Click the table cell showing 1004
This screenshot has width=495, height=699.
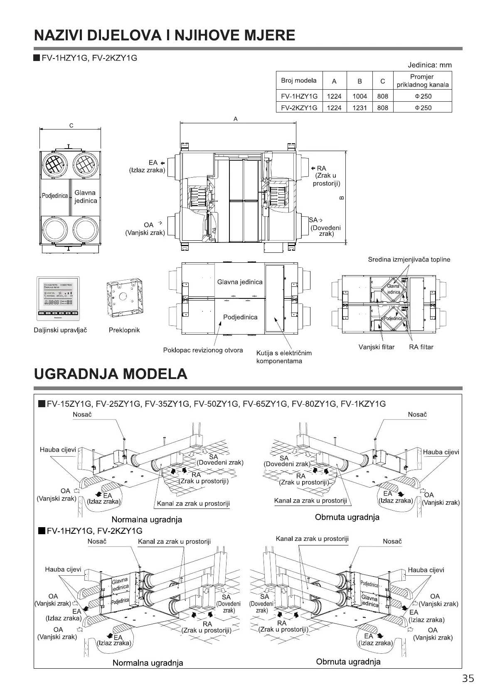pyautogui.click(x=360, y=96)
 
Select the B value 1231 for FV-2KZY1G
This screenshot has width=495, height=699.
pyautogui.click(x=360, y=108)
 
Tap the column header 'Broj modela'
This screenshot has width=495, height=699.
pyautogui.click(x=298, y=81)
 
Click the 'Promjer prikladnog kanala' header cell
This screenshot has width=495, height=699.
pyautogui.click(x=422, y=81)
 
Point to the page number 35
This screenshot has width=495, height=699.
pyautogui.click(x=468, y=678)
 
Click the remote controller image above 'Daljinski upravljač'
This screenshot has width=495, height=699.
pyautogui.click(x=58, y=298)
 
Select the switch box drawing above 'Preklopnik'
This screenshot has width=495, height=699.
pyautogui.click(x=124, y=298)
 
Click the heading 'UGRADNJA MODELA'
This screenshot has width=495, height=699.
pyautogui.click(x=110, y=374)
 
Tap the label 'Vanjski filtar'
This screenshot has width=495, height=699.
pyautogui.click(x=376, y=347)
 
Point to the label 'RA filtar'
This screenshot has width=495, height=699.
pyautogui.click(x=421, y=347)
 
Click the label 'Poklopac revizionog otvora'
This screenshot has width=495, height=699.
pyautogui.click(x=203, y=350)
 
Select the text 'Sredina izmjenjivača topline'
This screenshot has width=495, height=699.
pyautogui.click(x=409, y=259)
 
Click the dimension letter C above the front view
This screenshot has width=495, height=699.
pyautogui.click(x=71, y=125)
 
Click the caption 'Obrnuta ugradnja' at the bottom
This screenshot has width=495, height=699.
pyautogui.click(x=348, y=662)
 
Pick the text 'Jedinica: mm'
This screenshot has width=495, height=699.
pyautogui.click(x=429, y=65)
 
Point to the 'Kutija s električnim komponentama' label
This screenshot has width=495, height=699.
pyautogui.click(x=283, y=357)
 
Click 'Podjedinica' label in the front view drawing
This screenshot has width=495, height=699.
pyautogui.click(x=55, y=196)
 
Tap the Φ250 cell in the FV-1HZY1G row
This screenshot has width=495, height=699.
pyautogui.click(x=422, y=96)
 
